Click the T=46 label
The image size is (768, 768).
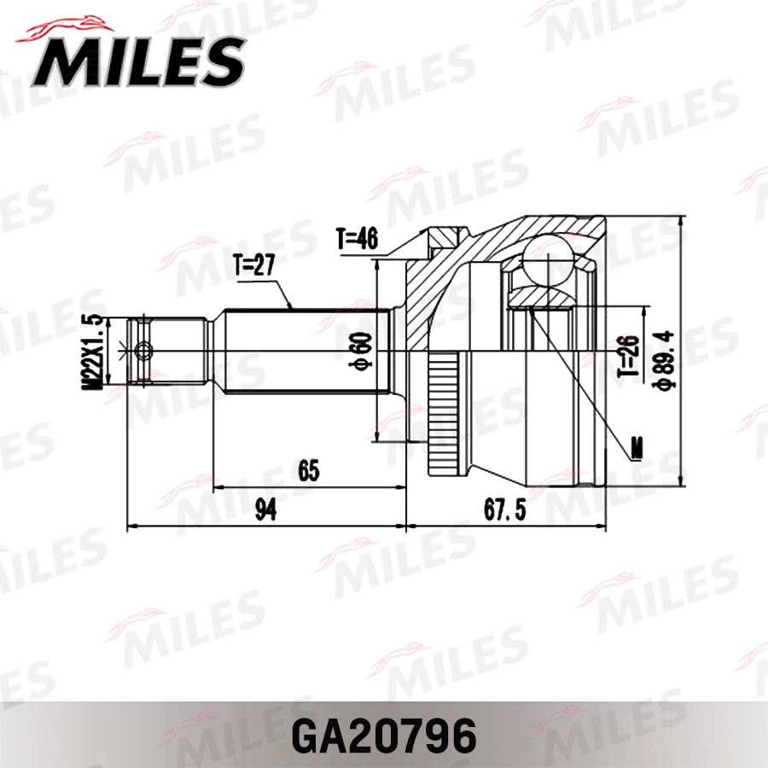click(357, 240)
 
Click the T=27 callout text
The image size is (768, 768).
click(253, 267)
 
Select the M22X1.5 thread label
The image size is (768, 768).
click(93, 352)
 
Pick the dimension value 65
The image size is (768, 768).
click(308, 469)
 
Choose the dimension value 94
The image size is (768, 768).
click(265, 510)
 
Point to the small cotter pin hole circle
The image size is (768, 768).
click(144, 350)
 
